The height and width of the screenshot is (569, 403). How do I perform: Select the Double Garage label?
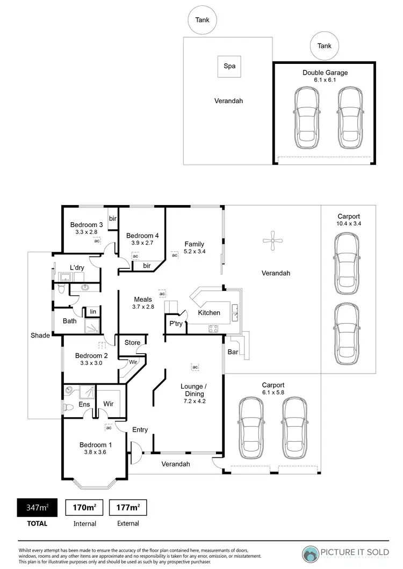pyautogui.click(x=325, y=72)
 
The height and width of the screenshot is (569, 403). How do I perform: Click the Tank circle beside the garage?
pyautogui.click(x=325, y=46)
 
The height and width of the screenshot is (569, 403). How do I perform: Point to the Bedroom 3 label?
pyautogui.click(x=87, y=225)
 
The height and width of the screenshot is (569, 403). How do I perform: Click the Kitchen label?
pyautogui.click(x=209, y=312)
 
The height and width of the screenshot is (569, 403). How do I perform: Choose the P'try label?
pyautogui.click(x=176, y=324)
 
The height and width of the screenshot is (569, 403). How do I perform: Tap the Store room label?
pyautogui.click(x=132, y=342)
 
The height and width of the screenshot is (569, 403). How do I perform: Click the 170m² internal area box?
pyautogui.click(x=84, y=507)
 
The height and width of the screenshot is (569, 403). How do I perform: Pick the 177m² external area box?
pyautogui.click(x=128, y=507)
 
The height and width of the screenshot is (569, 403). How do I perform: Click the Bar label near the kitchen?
pyautogui.click(x=233, y=353)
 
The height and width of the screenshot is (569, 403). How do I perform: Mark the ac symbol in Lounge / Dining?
pyautogui.click(x=195, y=367)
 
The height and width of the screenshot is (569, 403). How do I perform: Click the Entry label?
pyautogui.click(x=140, y=429)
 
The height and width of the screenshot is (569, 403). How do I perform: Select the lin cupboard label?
pyautogui.click(x=93, y=311)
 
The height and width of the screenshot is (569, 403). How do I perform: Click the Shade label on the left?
pyautogui.click(x=40, y=335)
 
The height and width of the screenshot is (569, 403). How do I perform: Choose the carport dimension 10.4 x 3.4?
pyautogui.click(x=349, y=223)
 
